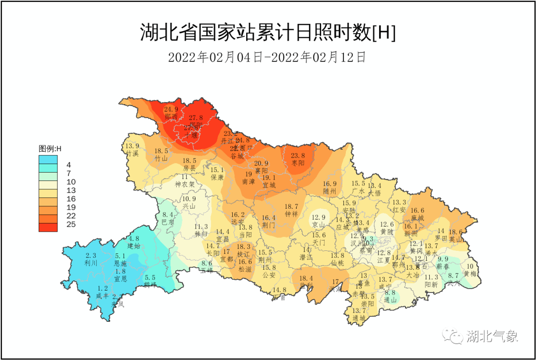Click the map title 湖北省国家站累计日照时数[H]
(x=268, y=33)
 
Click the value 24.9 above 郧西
(x=171, y=110)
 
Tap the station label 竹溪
(x=132, y=154)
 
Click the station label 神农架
(x=184, y=184)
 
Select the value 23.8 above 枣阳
(x=298, y=155)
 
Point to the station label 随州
(x=330, y=191)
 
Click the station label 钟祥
(x=291, y=214)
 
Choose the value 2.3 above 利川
(x=91, y=255)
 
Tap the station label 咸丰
(x=103, y=296)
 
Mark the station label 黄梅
(x=469, y=273)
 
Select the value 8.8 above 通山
(x=390, y=293)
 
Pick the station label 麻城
(x=417, y=218)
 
